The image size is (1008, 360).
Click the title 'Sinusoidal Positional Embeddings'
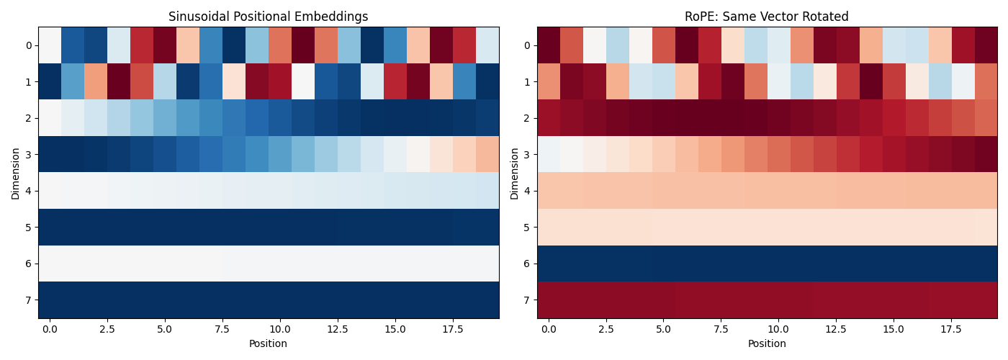[x=268, y=17]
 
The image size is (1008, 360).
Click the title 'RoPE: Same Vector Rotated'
[x=767, y=17]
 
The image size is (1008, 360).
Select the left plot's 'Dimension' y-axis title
[x=16, y=173]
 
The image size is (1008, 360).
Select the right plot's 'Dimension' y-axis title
[x=515, y=173]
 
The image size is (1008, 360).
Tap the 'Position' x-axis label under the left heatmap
[x=268, y=344]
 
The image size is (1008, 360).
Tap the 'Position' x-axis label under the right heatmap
[x=767, y=344]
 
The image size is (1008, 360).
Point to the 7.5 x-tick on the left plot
[x=222, y=329]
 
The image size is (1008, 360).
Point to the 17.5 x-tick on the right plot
[x=952, y=329]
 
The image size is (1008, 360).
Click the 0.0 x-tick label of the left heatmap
[x=50, y=329]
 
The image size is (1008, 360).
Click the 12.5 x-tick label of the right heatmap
[x=837, y=329]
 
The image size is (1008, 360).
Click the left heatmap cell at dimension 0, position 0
[x=50, y=45]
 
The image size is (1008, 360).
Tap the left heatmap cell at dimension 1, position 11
[x=303, y=81]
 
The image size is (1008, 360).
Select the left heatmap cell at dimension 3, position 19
[x=487, y=154]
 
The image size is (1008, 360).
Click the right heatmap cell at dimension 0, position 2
[x=595, y=45]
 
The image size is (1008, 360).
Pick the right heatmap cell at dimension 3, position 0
[x=549, y=154]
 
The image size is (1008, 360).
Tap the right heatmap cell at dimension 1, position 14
[x=871, y=81]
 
